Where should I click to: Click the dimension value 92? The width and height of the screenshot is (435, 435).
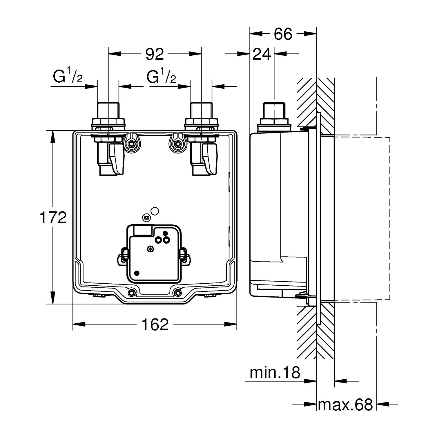pyautogui.click(x=155, y=54)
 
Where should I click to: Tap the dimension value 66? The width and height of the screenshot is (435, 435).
pyautogui.click(x=283, y=34)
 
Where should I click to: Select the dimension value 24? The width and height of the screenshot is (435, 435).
pyautogui.click(x=262, y=54)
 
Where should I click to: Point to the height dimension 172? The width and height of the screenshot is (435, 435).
pyautogui.click(x=53, y=218)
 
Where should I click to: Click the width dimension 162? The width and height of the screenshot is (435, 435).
pyautogui.click(x=155, y=325)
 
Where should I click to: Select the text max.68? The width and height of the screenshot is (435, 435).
pyautogui.click(x=345, y=405)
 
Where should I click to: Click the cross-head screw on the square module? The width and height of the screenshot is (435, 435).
pyautogui.click(x=150, y=249)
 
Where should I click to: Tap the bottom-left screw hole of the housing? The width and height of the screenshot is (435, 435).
pyautogui.click(x=132, y=293)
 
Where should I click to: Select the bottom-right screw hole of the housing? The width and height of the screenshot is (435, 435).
pyautogui.click(x=177, y=293)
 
